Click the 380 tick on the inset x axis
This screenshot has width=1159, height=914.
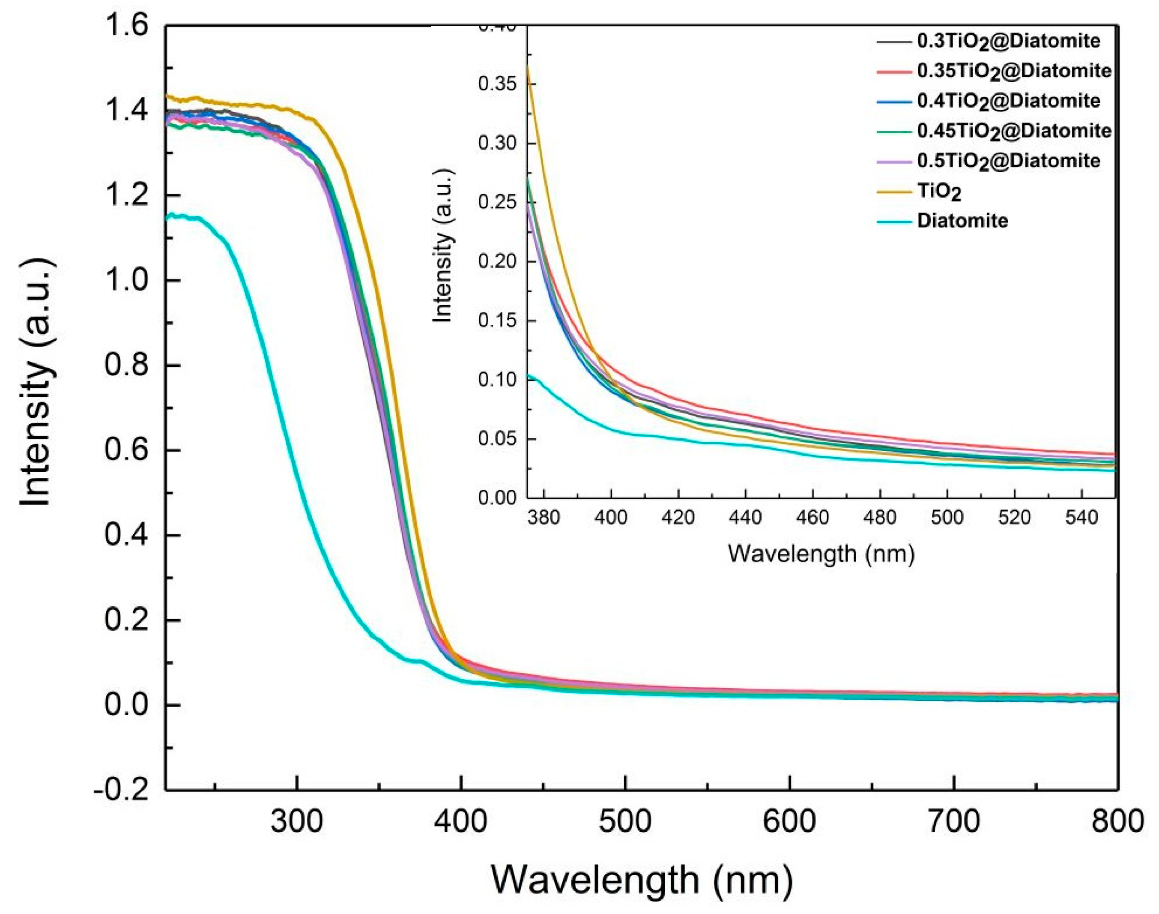click(544, 518)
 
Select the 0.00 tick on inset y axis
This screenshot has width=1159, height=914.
click(498, 498)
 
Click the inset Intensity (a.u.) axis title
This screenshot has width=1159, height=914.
click(443, 246)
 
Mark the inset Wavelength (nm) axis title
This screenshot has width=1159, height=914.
click(821, 554)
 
